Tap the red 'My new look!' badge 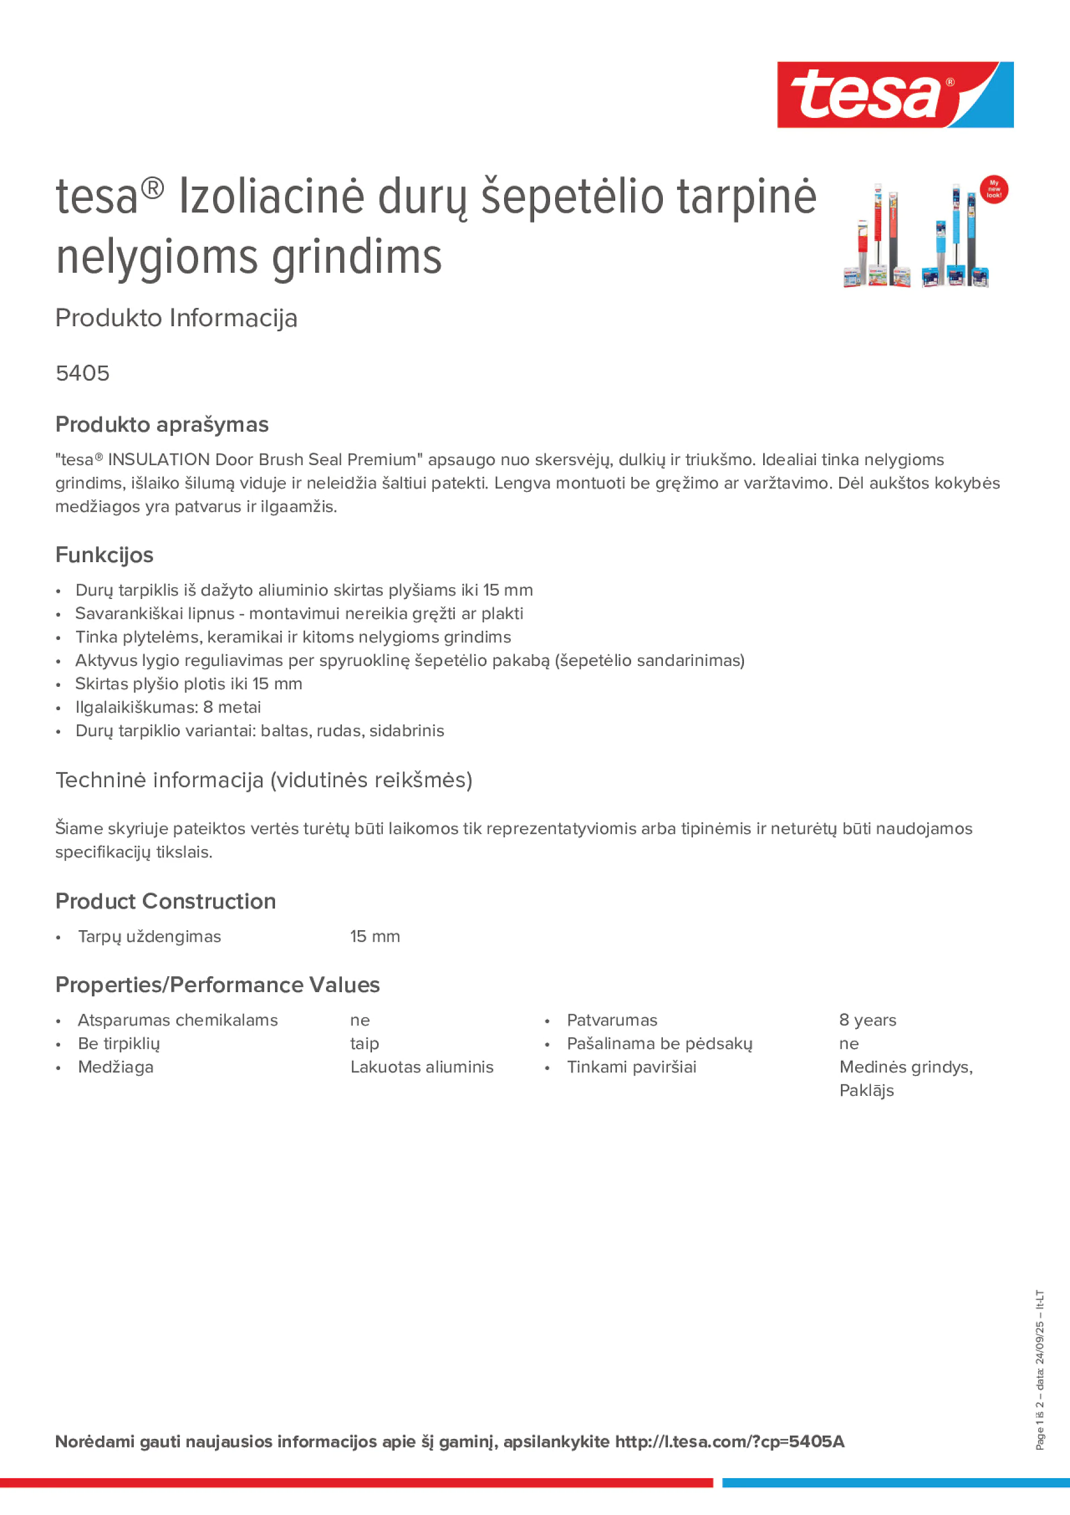tap(993, 189)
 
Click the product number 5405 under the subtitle tap(82, 373)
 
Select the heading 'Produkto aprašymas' tap(162, 424)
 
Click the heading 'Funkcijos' tap(104, 555)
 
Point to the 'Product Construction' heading tap(166, 901)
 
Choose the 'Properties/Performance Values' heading tap(217, 985)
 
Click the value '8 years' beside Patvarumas tap(868, 1020)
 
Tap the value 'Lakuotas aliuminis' tap(421, 1067)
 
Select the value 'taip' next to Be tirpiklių tap(364, 1043)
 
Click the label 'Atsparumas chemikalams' tap(177, 1020)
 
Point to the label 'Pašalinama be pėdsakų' tap(659, 1043)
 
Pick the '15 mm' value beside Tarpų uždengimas tap(375, 936)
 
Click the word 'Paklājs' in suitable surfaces tap(866, 1091)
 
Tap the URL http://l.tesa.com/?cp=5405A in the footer tap(730, 1441)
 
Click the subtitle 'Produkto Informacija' tap(176, 318)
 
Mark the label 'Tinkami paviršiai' tap(631, 1067)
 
